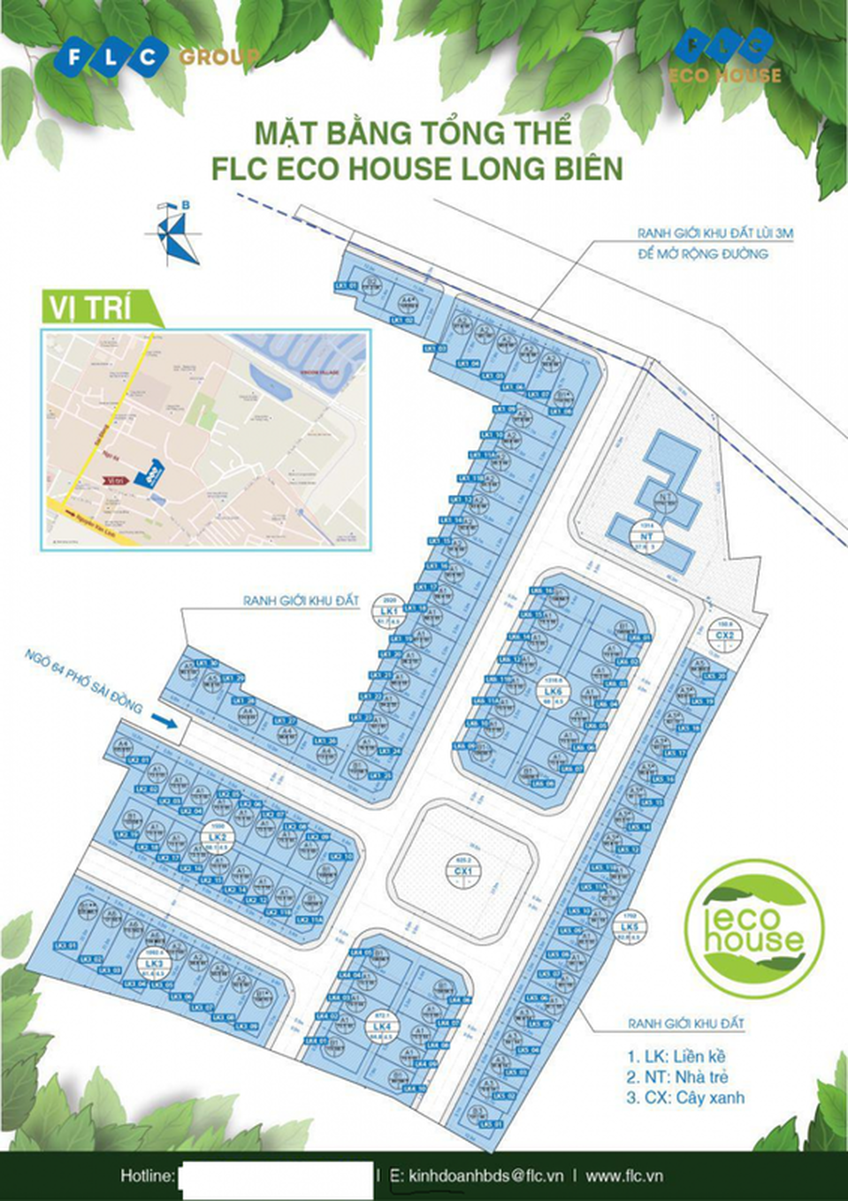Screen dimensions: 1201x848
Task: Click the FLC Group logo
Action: click(155, 58)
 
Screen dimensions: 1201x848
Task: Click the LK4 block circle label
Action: click(383, 1026)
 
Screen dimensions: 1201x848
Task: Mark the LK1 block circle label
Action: click(389, 612)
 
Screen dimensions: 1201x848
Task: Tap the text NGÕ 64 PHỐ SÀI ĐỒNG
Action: click(84, 680)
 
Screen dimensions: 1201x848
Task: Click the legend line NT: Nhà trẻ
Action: click(677, 1076)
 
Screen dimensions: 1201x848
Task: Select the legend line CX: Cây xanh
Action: click(685, 1098)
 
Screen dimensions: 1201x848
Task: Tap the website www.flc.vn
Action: click(624, 1175)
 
